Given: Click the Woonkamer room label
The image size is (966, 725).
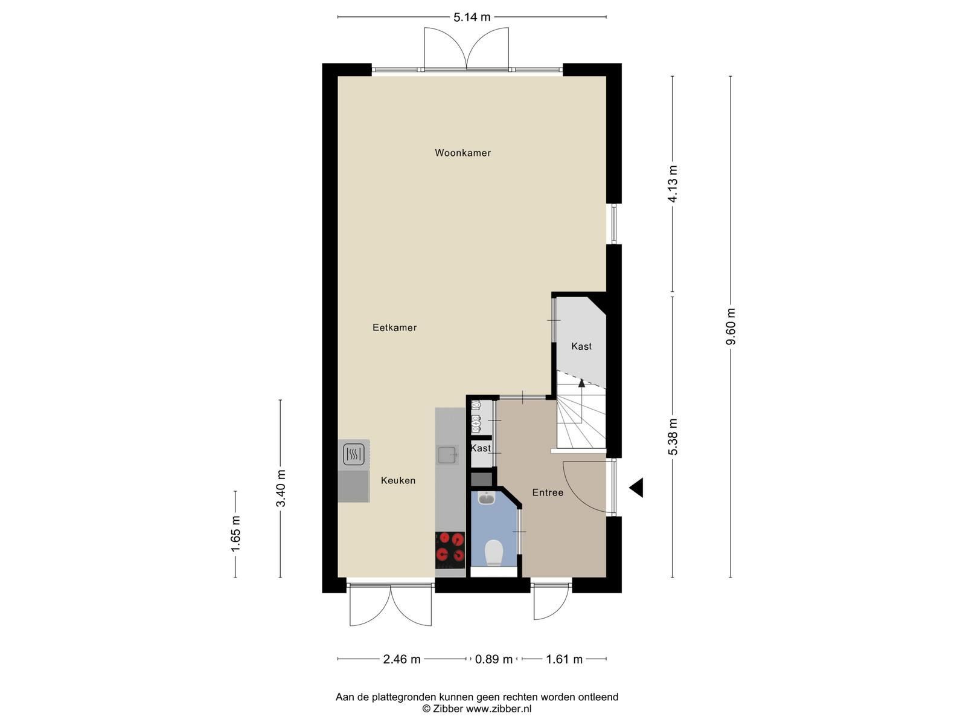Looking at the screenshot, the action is (x=462, y=153).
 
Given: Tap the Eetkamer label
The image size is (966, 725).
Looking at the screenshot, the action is (x=394, y=327).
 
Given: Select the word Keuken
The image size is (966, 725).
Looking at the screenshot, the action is (x=398, y=480).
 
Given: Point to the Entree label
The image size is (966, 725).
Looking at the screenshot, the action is (x=548, y=492).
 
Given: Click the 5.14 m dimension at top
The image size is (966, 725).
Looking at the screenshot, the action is (x=472, y=17).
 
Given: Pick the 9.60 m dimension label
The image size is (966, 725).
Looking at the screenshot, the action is (x=731, y=327).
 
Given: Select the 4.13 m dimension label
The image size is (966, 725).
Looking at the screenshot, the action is (x=673, y=184).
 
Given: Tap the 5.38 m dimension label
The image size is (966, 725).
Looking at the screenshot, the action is (x=673, y=437).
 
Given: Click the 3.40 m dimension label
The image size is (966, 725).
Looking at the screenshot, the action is (x=280, y=488).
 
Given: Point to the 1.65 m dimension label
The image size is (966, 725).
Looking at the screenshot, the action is (x=235, y=533).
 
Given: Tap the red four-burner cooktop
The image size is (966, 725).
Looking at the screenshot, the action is (x=450, y=550).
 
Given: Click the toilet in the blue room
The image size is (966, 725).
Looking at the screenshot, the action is (x=494, y=553).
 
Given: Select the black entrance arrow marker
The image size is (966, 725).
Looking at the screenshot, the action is (x=637, y=488).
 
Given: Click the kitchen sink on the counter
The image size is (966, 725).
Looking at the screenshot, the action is (x=447, y=455).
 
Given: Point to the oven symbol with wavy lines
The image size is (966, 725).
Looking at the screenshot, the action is (x=354, y=454).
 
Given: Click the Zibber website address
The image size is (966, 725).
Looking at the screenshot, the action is (x=499, y=709).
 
